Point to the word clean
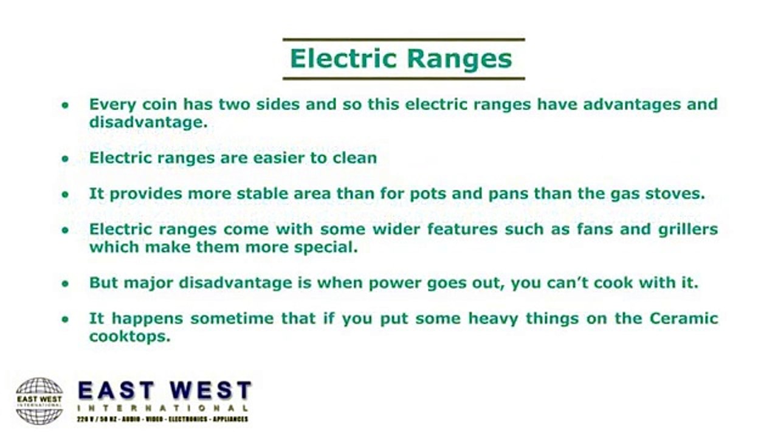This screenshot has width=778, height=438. [x=354, y=158]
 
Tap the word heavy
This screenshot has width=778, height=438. [x=464, y=319]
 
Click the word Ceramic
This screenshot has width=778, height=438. [x=684, y=319]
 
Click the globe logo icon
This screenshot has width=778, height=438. [x=40, y=400]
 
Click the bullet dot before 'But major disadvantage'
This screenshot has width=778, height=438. [x=65, y=283]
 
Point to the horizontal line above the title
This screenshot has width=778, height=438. [x=404, y=40]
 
